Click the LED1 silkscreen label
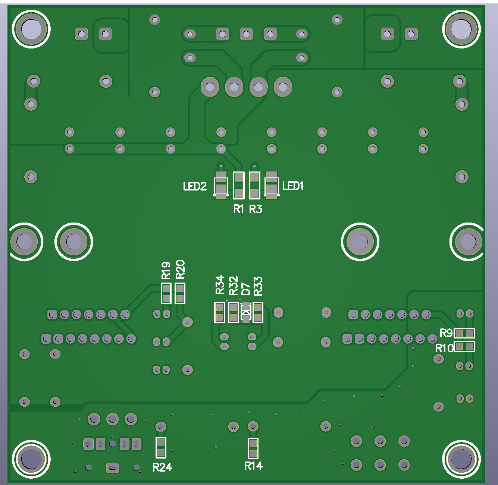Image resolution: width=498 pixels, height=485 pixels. coord(293,186)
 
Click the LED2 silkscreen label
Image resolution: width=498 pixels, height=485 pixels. coord(195,186)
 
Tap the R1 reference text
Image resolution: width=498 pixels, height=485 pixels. coord(238,209)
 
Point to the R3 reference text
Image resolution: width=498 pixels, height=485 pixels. coord(256,209)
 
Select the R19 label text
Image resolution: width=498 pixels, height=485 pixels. coord(166,270)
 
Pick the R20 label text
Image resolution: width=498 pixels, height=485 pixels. coord(180,270)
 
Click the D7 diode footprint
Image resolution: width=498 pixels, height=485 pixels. coord(245,312)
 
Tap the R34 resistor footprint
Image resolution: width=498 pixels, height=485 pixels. coord(220,312)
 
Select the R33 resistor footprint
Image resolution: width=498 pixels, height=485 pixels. coord(258,312)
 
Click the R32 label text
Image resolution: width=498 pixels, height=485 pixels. coord(234,286)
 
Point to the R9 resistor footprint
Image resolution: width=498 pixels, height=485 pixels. coord(464,333)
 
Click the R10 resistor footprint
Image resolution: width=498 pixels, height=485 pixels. coord(464,347)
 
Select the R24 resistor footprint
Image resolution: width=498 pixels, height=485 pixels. coord(161,448)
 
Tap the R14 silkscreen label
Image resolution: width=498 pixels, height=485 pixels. coord(253,466)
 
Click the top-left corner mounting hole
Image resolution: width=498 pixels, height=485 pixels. coord(31,29)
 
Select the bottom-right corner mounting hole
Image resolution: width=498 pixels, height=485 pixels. coord(461,459)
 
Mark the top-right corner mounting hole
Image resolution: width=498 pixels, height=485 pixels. coord(461,29)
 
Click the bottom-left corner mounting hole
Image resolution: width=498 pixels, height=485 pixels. coord(31,459)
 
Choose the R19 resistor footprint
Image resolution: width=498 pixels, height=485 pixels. coord(166,293)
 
